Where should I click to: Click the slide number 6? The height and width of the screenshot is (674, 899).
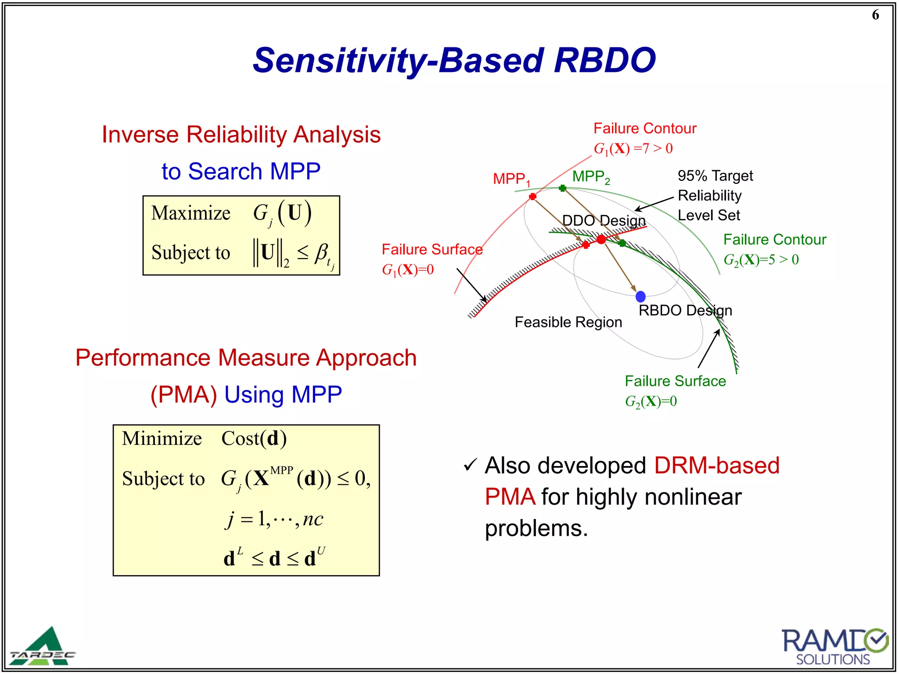point(875,15)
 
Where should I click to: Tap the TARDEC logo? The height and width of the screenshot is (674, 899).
point(43,647)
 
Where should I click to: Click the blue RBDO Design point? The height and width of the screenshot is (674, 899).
point(640,297)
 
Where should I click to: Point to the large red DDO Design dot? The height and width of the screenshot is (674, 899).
point(601,239)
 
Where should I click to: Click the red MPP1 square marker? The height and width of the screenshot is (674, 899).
point(532,197)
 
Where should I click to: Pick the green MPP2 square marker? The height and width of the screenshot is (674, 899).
point(562,188)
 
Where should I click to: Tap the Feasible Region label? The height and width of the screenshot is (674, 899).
point(568,323)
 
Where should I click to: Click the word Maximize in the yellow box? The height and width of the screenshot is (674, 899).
point(191,214)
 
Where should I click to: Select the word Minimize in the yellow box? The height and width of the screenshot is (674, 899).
point(162,439)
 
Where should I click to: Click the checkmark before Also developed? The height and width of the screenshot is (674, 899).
point(470,465)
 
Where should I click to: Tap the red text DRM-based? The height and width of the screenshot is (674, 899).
point(716,466)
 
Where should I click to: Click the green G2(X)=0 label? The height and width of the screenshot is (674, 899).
point(651,402)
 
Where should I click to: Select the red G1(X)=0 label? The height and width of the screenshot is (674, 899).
point(407,270)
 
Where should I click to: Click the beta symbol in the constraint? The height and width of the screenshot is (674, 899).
point(321,253)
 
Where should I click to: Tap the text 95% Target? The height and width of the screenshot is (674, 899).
point(715,176)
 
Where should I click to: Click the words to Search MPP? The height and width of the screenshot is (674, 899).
point(241,172)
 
